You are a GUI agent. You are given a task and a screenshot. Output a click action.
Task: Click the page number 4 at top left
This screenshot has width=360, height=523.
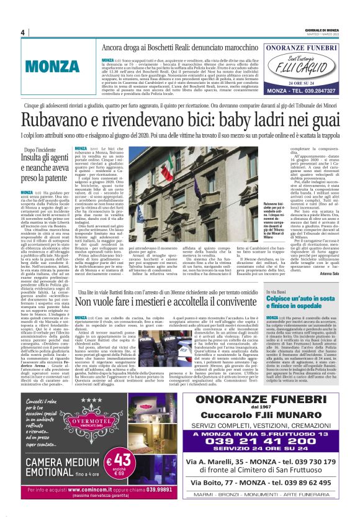23,33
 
